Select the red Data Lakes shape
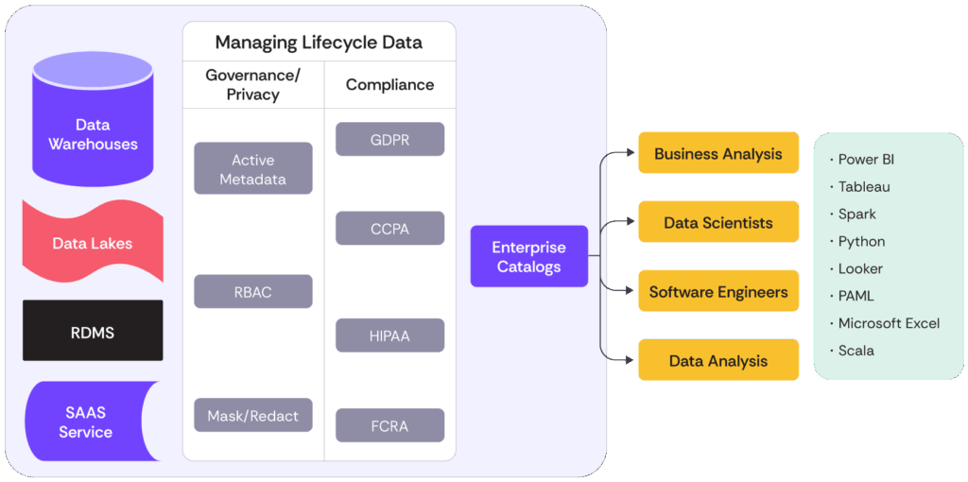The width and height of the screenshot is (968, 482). pos(93,243)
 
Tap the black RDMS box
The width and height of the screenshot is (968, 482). pos(93,332)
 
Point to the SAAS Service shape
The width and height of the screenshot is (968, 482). pos(86,422)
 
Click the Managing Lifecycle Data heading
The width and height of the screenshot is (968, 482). pos(319,43)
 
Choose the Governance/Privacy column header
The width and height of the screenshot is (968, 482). pos(253,84)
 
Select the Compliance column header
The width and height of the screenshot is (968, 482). pos(389,84)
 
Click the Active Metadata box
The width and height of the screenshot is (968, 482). pos(253,169)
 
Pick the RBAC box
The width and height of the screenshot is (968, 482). pos(253,292)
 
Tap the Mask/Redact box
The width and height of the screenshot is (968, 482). pos(253,416)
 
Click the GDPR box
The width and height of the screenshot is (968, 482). pos(389,140)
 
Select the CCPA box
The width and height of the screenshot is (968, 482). pos(389,229)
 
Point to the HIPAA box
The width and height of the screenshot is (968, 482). pos(389,336)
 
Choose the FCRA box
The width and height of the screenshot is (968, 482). pos(389,425)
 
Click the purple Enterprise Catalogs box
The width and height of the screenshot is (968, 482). pos(529,256)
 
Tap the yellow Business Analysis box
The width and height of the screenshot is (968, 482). pos(718,153)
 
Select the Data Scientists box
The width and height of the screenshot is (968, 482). pos(718,223)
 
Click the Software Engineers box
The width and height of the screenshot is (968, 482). pos(718,292)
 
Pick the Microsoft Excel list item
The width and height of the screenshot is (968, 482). pos(889,323)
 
